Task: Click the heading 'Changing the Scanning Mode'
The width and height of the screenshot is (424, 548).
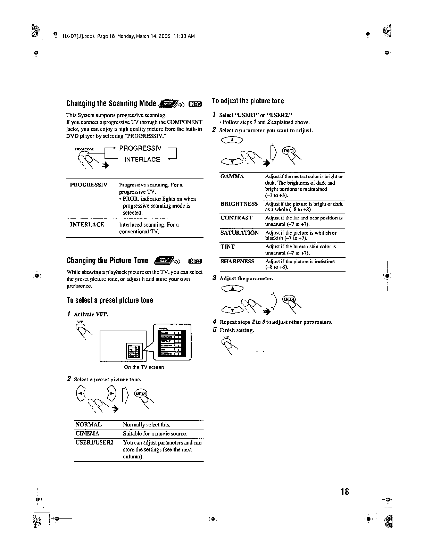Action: point(111,104)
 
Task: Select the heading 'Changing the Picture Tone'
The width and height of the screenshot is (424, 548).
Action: point(107,261)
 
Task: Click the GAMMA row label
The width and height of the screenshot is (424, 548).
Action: point(232,176)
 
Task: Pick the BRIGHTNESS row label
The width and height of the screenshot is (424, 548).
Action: point(239,204)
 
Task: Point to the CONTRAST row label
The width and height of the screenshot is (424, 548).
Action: point(236,218)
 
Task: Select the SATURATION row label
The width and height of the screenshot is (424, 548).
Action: point(239,233)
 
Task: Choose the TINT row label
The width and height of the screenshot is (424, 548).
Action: point(227,247)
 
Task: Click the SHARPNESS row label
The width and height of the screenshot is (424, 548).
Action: point(237,261)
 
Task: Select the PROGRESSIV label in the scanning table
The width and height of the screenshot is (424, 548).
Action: point(89,184)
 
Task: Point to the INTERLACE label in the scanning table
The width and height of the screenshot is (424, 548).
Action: point(87,224)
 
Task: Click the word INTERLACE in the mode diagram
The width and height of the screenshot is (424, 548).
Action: point(142,160)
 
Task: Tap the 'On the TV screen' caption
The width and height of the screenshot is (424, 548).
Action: point(144,367)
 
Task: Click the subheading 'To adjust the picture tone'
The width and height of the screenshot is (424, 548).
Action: point(248,101)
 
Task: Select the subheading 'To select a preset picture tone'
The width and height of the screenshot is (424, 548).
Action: point(110,300)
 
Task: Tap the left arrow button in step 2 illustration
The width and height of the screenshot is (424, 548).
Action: point(80,393)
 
